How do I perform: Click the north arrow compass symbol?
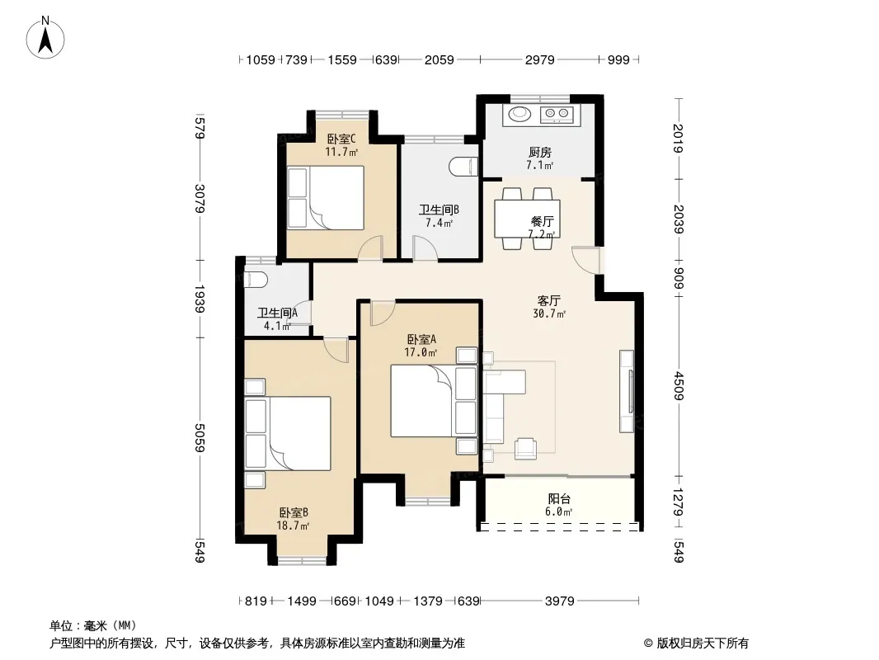pos(45,38)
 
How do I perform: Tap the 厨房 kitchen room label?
pos(540,152)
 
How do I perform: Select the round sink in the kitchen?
pos(519,115)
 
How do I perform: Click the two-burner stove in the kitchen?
pos(557,115)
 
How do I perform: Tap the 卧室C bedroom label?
pos(341,139)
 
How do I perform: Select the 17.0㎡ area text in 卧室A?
pos(421,352)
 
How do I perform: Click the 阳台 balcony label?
pos(559,498)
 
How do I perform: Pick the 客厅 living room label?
pos(549,300)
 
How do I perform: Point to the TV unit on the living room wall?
pos(628,391)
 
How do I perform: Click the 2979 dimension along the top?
pos(540,59)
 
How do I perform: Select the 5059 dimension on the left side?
pos(200,437)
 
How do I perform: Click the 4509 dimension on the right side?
pos(679,386)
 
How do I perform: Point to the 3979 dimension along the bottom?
pos(559,601)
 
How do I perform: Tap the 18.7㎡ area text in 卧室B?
pos(293,526)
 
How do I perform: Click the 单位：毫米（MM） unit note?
pos(93,626)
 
